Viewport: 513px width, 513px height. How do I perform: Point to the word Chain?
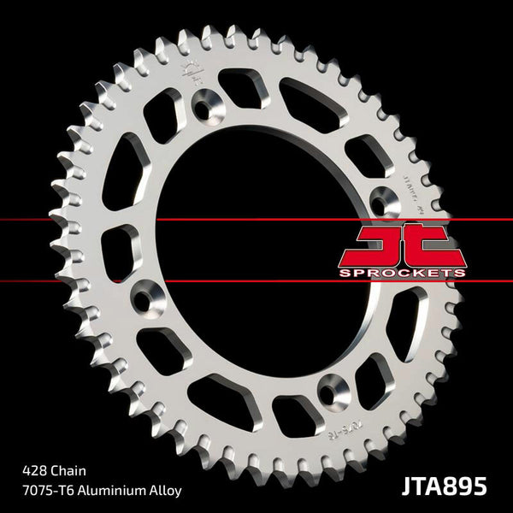pyautogui.click(x=73, y=470)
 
